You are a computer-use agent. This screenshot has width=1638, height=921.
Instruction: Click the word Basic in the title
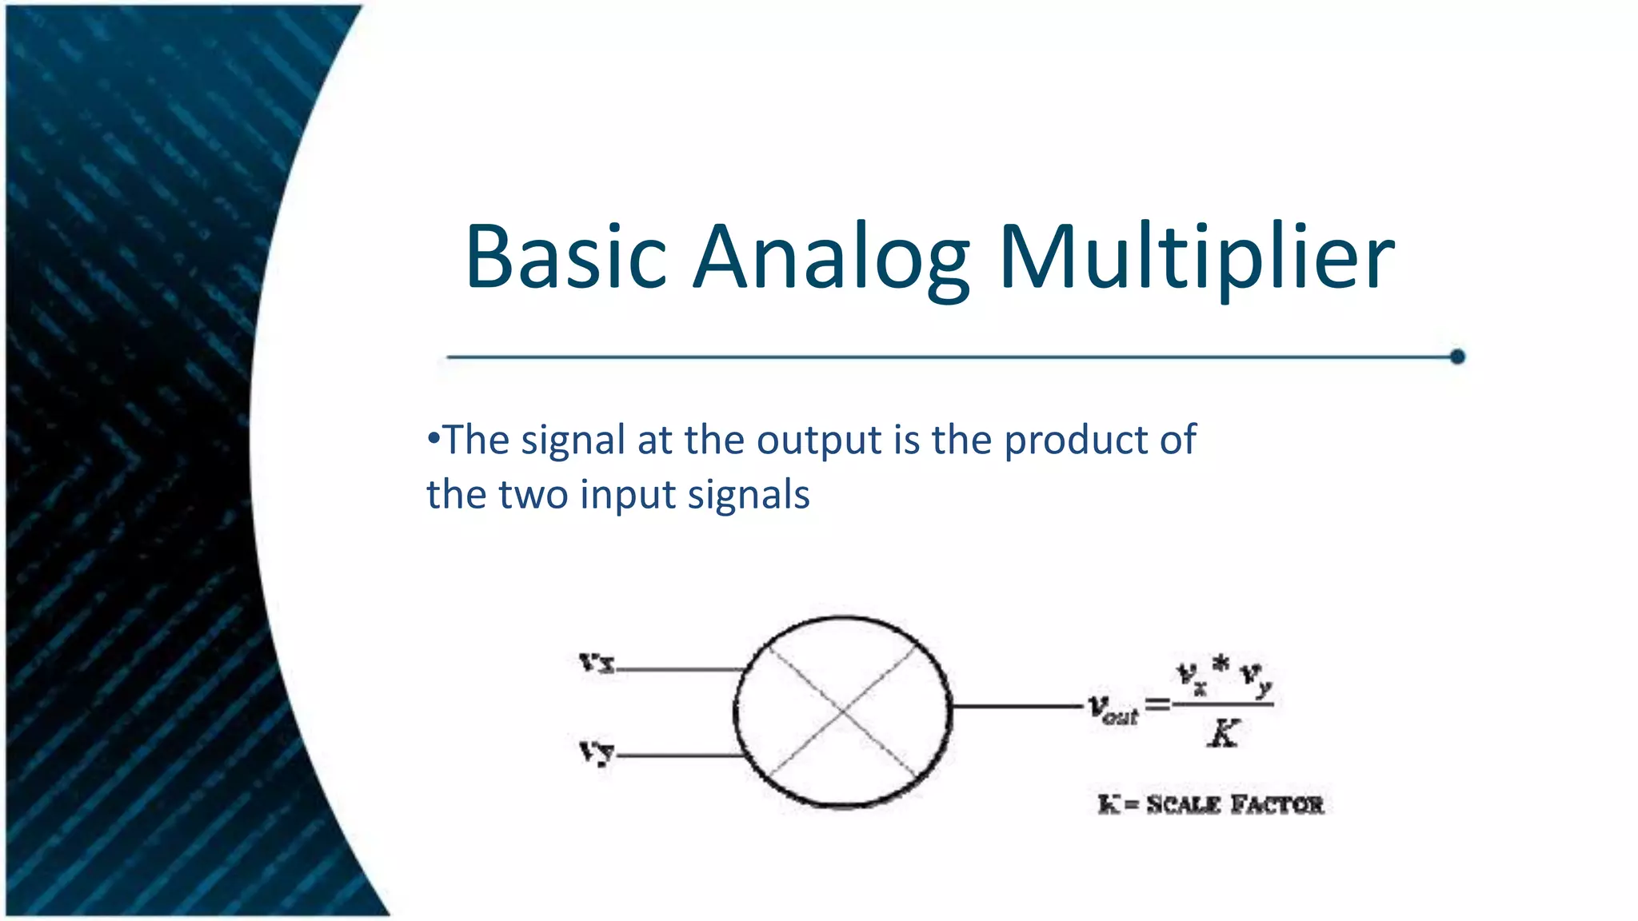click(565, 257)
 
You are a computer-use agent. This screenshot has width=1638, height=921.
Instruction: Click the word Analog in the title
click(832, 257)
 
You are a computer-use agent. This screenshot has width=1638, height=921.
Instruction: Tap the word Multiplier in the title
click(1197, 257)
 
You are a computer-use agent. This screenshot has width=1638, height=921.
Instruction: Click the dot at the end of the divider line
click(1457, 357)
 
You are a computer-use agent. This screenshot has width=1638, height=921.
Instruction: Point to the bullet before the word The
click(433, 439)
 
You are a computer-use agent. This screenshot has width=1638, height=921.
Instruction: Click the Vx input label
click(597, 662)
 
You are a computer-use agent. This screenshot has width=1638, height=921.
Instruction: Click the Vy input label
click(597, 752)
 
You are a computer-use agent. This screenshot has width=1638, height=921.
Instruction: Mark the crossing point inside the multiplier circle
click(842, 710)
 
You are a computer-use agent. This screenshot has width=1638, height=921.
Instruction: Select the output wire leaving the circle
click(1016, 706)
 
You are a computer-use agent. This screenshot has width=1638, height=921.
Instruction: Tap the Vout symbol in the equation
click(1113, 708)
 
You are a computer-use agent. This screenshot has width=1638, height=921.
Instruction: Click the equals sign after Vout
click(1157, 704)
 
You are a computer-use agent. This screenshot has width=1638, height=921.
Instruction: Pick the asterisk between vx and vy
click(1220, 664)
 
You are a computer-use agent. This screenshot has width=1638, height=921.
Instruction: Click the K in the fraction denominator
click(1223, 732)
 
